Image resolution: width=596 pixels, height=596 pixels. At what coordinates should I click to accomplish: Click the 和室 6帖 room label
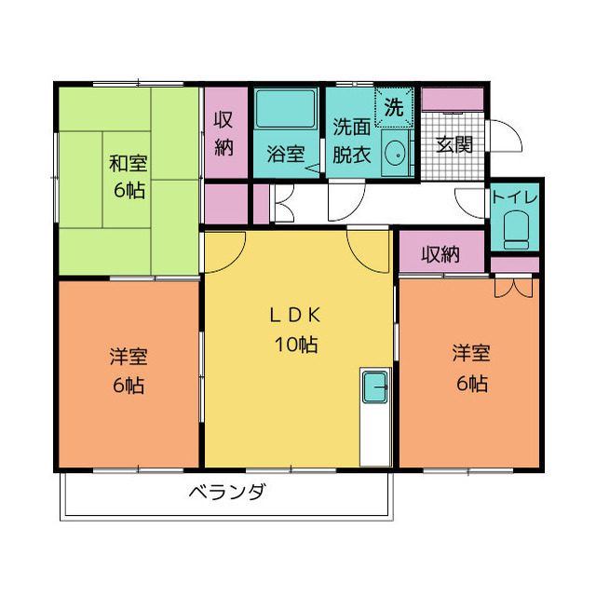coord(128,176)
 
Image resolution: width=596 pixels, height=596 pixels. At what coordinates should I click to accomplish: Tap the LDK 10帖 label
coord(296,329)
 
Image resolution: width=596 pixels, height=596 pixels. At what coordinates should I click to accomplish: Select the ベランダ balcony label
coord(227,493)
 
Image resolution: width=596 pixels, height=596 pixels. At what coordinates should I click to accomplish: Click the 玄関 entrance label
coord(454,145)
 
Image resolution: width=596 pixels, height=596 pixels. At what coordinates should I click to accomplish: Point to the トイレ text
coord(514,197)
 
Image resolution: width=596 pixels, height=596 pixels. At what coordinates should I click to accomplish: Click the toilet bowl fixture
coord(516,230)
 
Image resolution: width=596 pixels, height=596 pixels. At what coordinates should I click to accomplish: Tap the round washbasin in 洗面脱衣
coord(395,153)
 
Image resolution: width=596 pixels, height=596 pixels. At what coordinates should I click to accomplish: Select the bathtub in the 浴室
coord(286,108)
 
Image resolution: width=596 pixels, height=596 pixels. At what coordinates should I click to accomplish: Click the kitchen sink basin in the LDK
coord(375,387)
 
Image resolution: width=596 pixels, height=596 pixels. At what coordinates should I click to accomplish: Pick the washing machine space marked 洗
coord(394,107)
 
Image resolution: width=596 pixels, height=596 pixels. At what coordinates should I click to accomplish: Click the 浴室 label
coord(286,154)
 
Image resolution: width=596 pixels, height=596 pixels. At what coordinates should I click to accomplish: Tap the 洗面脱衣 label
coord(352,141)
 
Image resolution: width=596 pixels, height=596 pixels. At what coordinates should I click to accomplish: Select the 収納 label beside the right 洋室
coord(440,254)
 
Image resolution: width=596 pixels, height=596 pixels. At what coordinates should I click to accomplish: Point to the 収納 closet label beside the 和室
coord(223,133)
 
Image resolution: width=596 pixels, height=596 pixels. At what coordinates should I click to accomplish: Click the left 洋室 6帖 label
coord(129,371)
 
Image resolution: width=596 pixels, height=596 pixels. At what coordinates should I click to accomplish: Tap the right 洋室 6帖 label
coord(471,368)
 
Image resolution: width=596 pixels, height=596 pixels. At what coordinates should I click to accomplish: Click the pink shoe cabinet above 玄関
coord(453,100)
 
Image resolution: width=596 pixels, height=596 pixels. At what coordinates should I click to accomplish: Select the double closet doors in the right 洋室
coord(513,288)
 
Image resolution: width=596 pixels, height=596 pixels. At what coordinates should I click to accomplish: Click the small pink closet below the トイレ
coord(515,264)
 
